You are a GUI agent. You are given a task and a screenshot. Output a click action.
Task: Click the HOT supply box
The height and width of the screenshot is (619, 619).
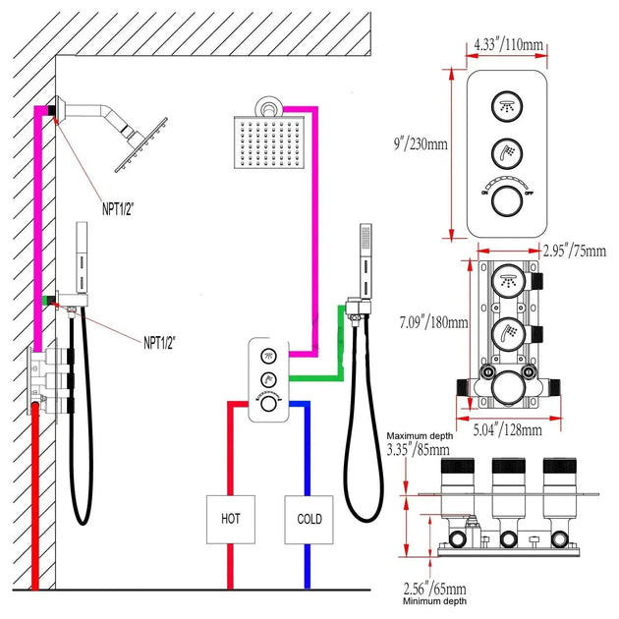pyautogui.click(x=230, y=519)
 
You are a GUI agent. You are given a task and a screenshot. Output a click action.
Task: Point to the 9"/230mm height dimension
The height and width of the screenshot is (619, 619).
pyautogui.click(x=420, y=144)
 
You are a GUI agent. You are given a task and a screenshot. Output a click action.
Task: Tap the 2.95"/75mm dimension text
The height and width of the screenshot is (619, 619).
pyautogui.click(x=575, y=250)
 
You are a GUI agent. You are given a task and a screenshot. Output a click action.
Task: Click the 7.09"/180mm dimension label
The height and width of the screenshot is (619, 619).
pyautogui.click(x=425, y=322)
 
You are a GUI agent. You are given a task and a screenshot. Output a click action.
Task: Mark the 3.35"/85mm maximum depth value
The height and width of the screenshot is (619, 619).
pyautogui.click(x=420, y=451)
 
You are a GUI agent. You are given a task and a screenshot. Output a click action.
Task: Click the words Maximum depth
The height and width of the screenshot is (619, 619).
pyautogui.click(x=420, y=435)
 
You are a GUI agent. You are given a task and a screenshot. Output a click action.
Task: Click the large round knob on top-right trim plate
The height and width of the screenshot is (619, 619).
pyautogui.click(x=506, y=202)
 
